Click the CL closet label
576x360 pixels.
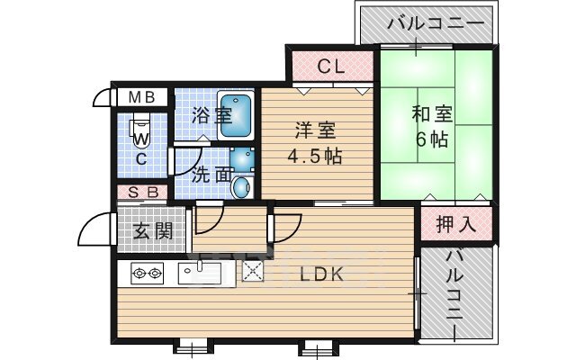331,66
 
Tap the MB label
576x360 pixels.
139,96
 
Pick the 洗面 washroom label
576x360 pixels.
212,174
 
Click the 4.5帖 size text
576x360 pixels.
313,156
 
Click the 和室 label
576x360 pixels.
432,114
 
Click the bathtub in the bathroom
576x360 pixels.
237,114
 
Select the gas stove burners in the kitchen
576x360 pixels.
147,273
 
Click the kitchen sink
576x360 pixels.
204,272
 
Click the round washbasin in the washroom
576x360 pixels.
240,187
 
